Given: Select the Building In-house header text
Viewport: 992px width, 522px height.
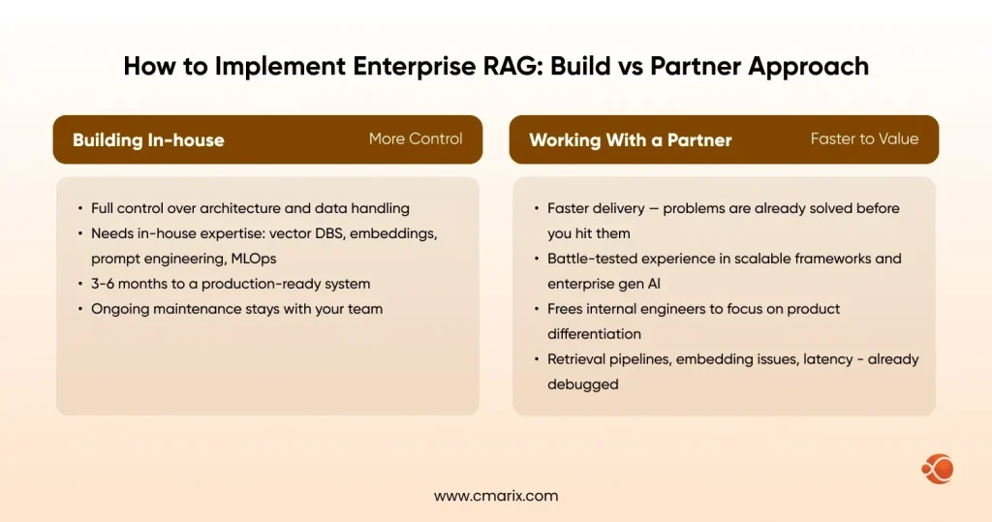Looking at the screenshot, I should pyautogui.click(x=148, y=140).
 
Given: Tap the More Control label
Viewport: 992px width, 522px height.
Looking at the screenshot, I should pyautogui.click(x=416, y=139).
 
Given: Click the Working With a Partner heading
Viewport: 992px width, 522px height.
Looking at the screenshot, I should pyautogui.click(x=630, y=140).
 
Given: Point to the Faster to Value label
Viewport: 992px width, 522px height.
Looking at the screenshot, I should pyautogui.click(x=864, y=139).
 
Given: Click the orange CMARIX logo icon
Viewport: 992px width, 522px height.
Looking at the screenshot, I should pyautogui.click(x=937, y=470).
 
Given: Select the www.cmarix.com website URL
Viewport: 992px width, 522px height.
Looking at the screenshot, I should pyautogui.click(x=496, y=495).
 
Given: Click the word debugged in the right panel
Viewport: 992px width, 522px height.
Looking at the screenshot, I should pyautogui.click(x=583, y=384).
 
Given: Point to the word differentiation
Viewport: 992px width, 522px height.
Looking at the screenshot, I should pyautogui.click(x=594, y=334).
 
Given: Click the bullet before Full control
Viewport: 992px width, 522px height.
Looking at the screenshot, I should pyautogui.click(x=78, y=209).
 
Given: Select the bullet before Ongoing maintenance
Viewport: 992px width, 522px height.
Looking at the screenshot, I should pyautogui.click(x=78, y=310).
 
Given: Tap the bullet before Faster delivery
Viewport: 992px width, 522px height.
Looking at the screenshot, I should pyautogui.click(x=535, y=209).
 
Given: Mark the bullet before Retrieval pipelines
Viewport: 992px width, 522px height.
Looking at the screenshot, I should pyautogui.click(x=535, y=360).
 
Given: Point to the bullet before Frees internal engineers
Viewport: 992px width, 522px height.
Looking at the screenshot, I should pyautogui.click(x=535, y=310).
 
